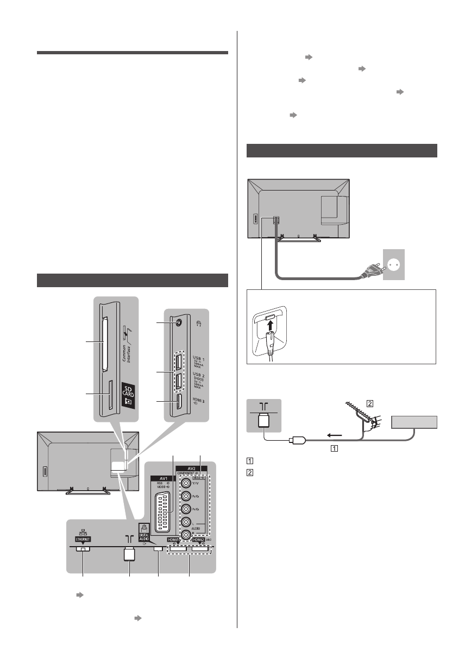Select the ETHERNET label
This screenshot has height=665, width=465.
[x=83, y=540]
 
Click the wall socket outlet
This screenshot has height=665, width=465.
[x=394, y=265]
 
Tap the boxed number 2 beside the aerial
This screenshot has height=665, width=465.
[x=369, y=403]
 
